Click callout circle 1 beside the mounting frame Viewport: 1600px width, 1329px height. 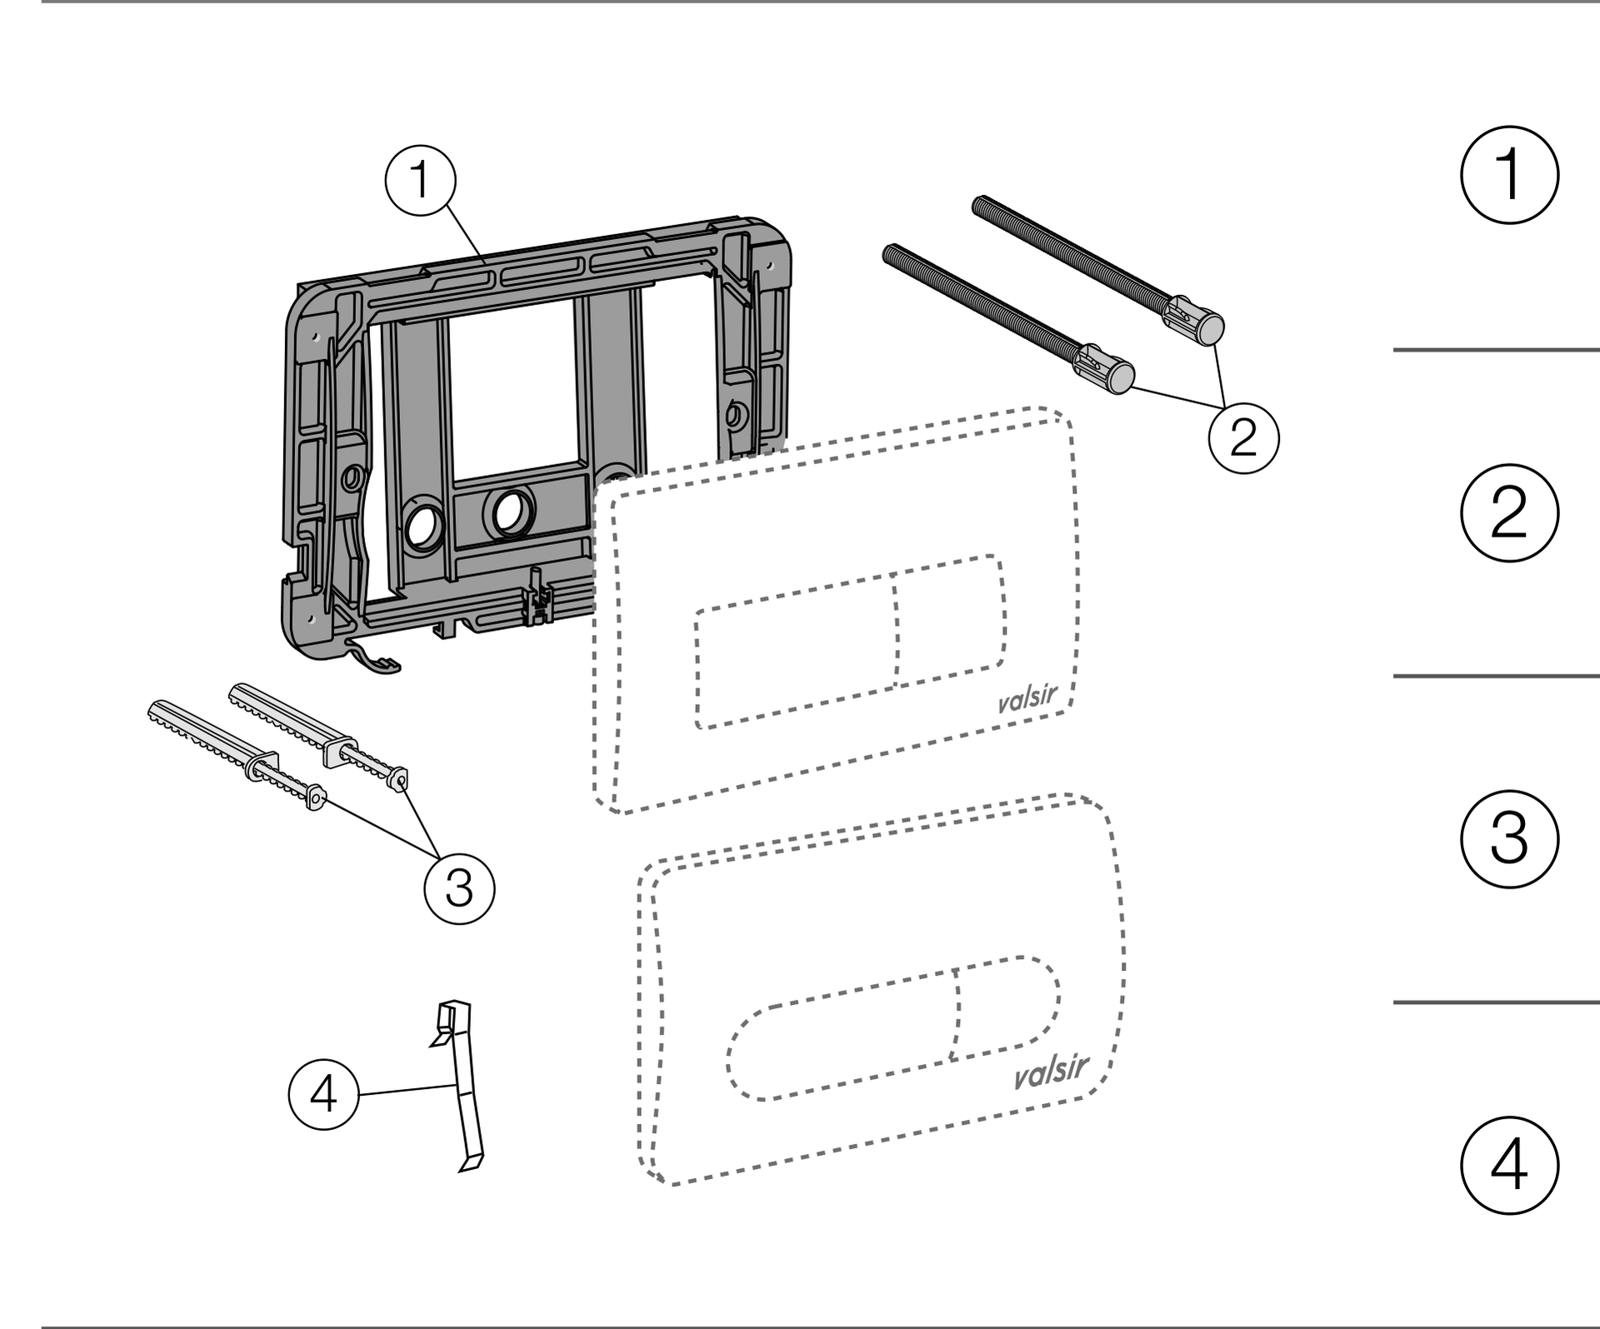421,180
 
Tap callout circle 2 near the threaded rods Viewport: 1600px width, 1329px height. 1243,437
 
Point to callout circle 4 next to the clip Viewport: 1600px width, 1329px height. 324,1094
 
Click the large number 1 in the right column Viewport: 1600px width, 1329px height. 1509,175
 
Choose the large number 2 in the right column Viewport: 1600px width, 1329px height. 1509,512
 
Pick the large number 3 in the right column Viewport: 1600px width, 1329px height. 1509,838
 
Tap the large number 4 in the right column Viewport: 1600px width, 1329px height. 1509,1165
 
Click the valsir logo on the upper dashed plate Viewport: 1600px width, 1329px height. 1027,698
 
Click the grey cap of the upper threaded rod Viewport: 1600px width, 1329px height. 1210,330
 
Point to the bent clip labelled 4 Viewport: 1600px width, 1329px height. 460,1083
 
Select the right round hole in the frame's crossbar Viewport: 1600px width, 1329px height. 512,512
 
